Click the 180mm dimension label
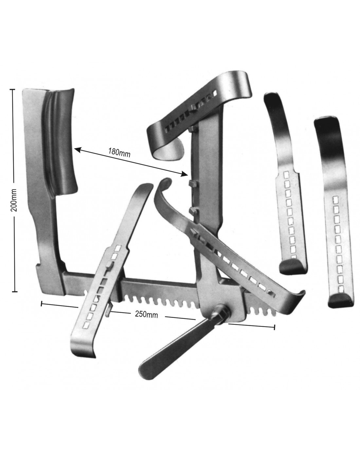(x=119, y=152)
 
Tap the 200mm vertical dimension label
(x=14, y=200)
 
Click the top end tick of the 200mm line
(x=12, y=89)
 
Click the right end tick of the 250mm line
(x=274, y=327)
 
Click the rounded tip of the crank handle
(x=147, y=374)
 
